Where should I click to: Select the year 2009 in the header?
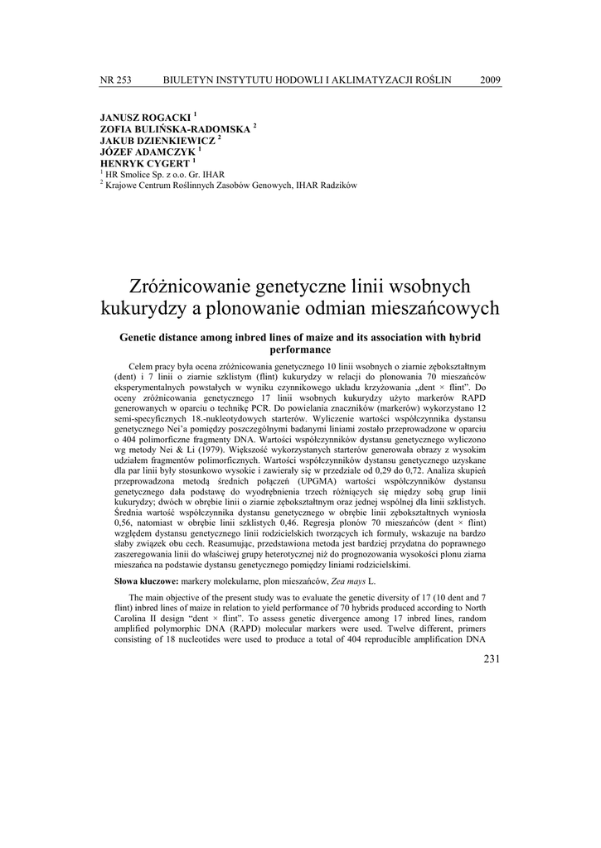pyautogui.click(x=491, y=79)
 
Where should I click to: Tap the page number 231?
pyautogui.click(x=492, y=658)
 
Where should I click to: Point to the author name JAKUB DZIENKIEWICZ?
pyautogui.click(x=157, y=142)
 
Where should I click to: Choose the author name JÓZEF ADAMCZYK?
pyautogui.click(x=148, y=152)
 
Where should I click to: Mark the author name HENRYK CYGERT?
pyautogui.click(x=144, y=164)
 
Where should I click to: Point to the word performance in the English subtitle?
pyautogui.click(x=300, y=349)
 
